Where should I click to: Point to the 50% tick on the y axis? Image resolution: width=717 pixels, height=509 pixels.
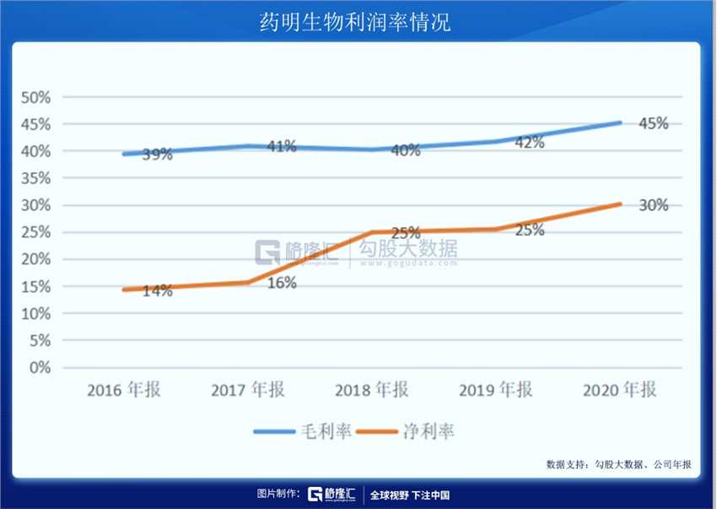[x=35, y=97]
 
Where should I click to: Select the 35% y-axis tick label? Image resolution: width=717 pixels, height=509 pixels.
[x=35, y=178]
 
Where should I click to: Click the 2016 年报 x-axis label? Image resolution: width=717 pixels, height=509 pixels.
[x=124, y=390]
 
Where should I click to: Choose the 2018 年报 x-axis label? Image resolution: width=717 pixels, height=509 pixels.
[x=371, y=390]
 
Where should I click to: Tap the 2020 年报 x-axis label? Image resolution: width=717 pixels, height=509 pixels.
[x=619, y=390]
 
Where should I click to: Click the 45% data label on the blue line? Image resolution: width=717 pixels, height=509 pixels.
[x=653, y=123]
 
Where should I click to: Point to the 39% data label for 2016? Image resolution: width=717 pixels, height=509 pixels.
[x=158, y=154]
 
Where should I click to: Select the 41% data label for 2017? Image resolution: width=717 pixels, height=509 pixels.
[x=281, y=146]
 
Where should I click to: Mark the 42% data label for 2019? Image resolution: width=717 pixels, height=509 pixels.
[x=529, y=143]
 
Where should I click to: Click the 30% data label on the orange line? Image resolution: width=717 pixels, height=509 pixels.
[x=653, y=204]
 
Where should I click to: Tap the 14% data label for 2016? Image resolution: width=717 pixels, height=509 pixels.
[x=158, y=291]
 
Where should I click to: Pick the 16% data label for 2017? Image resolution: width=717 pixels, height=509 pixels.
[x=282, y=284]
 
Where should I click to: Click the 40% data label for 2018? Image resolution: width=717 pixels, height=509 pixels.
[x=406, y=151]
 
